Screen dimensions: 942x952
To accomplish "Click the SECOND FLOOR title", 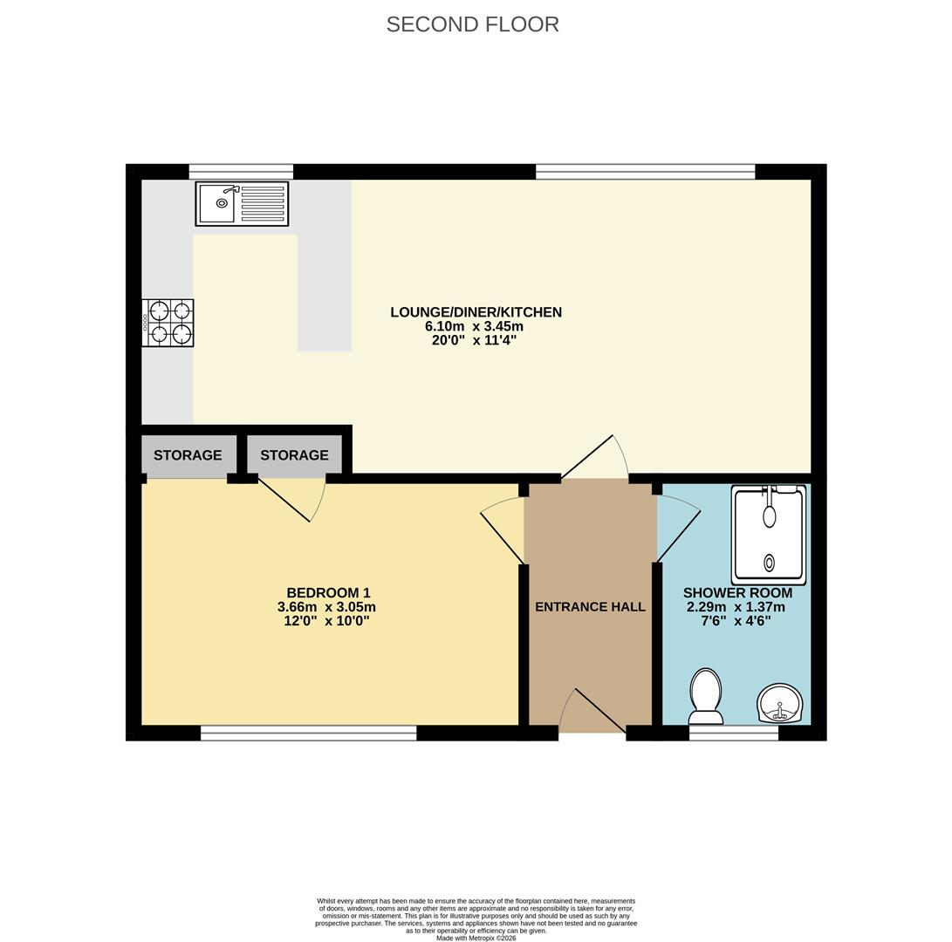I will point(472,24).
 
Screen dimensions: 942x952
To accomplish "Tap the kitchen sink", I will point(242,203).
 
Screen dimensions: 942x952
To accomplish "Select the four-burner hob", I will point(168,323).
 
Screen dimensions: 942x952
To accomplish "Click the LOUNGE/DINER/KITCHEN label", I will point(476,312).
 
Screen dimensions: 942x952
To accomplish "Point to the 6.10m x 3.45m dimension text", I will point(474,326).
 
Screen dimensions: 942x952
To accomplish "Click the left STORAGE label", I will point(188,455).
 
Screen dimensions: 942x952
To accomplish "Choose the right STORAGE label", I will point(294,455).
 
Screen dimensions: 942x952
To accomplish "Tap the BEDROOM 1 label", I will point(328,593).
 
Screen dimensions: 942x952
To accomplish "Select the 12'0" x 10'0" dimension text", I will point(326,621).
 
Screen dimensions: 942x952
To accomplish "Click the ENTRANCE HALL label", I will point(590,607).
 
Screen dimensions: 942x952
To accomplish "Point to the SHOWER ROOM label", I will point(737,593).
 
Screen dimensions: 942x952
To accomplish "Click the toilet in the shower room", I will point(705,696).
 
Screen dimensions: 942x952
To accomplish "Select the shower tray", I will point(769,534).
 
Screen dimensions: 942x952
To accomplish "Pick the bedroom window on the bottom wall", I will point(308,734).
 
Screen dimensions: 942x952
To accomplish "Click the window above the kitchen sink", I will point(241,172).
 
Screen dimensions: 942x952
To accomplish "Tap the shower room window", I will point(733,734).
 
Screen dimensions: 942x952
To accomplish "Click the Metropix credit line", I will point(476,938).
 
